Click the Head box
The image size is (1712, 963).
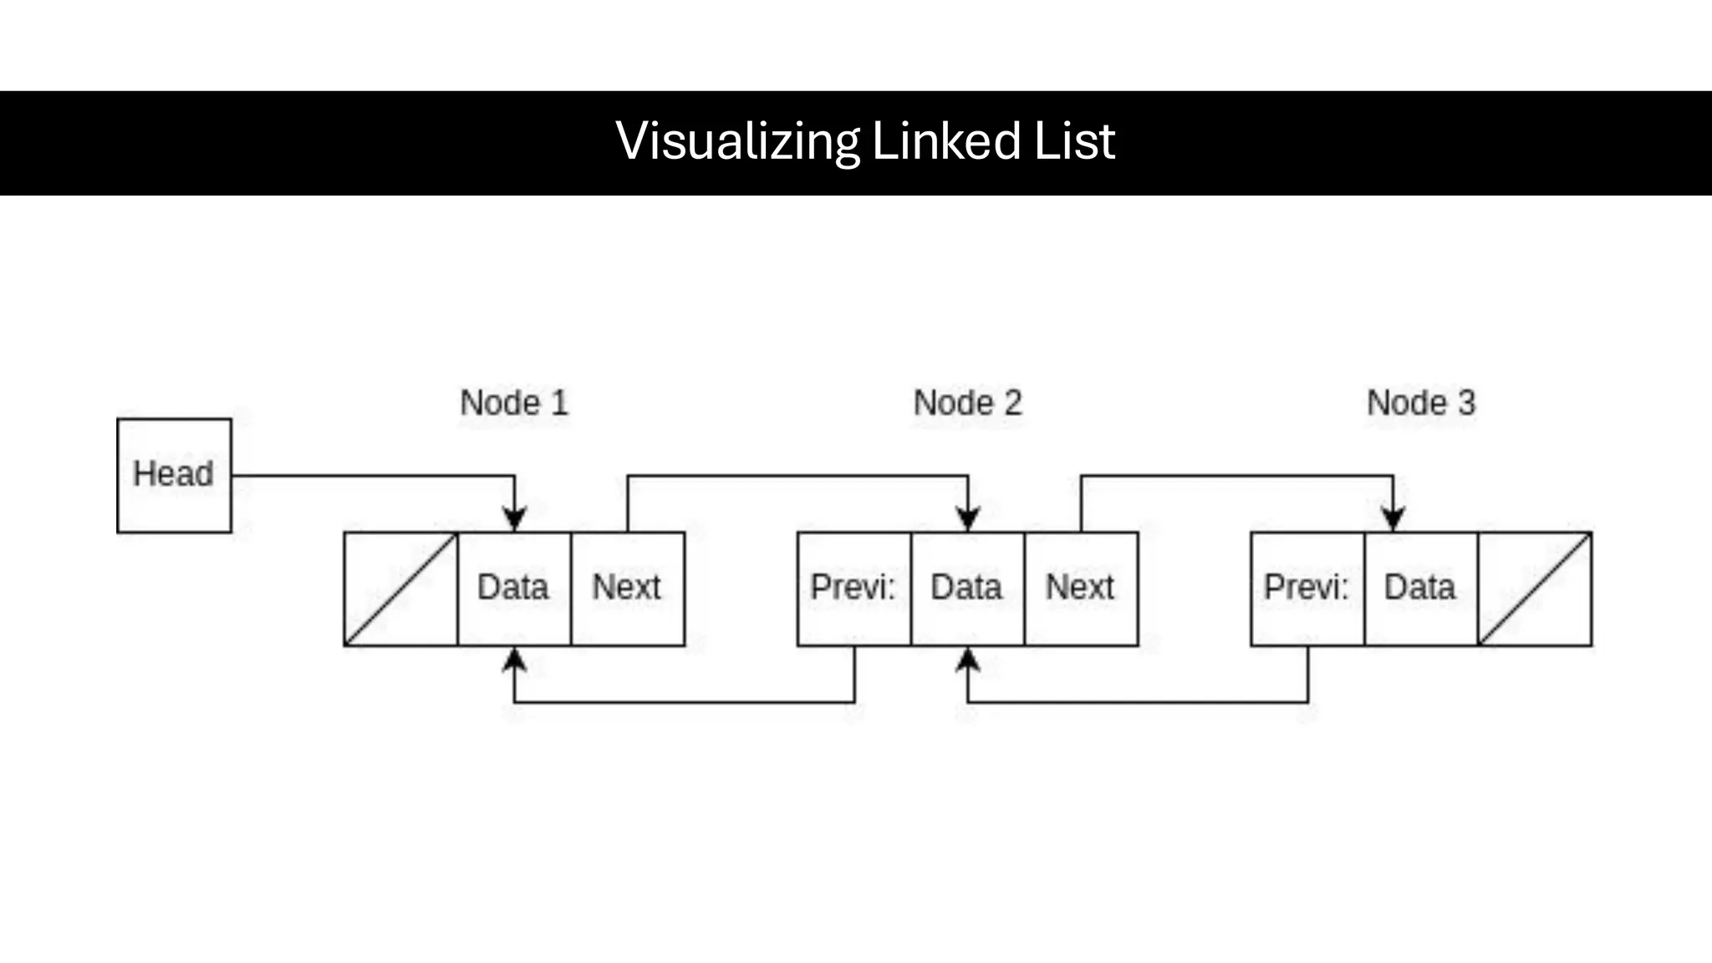174,475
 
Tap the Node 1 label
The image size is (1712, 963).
514,403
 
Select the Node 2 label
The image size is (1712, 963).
967,403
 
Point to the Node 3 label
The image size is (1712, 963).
1421,403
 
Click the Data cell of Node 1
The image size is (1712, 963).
513,588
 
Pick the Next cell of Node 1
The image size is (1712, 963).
627,588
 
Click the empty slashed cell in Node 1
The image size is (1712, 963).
400,588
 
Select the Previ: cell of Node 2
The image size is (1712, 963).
853,588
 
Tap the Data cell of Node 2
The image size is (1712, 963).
966,588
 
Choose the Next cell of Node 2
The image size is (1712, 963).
1080,588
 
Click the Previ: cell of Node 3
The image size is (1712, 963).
1307,588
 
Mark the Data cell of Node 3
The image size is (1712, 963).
1420,588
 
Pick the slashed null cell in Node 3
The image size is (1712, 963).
1535,588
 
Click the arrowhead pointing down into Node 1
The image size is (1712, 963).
514,518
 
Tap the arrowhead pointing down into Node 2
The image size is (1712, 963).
968,518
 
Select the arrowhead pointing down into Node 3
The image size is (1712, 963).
1393,518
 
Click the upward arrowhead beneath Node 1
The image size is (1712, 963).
514,660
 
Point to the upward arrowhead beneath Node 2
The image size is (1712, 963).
968,660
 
